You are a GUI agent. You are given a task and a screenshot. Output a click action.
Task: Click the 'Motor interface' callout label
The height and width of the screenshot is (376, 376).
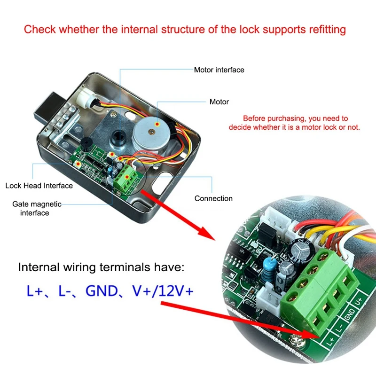click(x=219, y=70)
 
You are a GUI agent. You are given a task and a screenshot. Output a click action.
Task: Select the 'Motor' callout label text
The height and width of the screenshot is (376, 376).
click(x=219, y=102)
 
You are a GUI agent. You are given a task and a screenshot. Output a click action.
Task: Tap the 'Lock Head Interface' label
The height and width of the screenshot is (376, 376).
click(x=39, y=186)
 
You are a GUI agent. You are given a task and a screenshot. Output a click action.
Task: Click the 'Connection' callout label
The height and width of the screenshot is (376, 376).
click(x=213, y=198)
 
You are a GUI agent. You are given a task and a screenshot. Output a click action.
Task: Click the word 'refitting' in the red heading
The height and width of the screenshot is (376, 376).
click(x=319, y=30)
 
